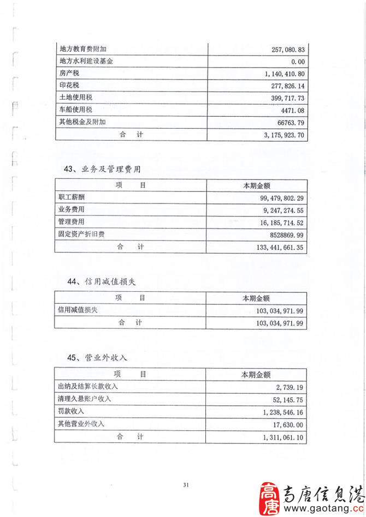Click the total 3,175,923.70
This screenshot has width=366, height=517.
[x=283, y=134]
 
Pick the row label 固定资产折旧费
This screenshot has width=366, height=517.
[x=81, y=234]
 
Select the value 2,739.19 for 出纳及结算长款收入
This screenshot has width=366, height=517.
[x=290, y=387]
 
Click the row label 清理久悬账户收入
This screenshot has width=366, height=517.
[x=85, y=399]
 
